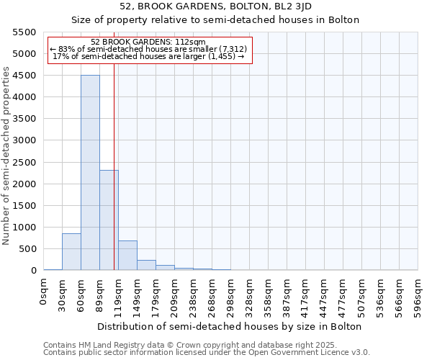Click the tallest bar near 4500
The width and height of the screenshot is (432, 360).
point(90,173)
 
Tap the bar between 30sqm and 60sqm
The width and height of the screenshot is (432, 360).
point(71,252)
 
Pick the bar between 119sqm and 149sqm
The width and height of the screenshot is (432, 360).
point(127,256)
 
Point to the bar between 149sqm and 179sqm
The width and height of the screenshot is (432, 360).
point(146,265)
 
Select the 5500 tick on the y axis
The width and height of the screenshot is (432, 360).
point(24,32)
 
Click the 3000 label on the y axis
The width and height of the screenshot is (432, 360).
point(24,140)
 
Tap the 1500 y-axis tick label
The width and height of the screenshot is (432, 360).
point(24,206)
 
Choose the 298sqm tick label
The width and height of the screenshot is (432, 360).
point(230,295)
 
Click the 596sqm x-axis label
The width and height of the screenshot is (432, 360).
point(418,295)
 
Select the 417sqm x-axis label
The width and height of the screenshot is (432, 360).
point(305,295)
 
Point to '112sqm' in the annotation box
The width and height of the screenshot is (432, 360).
point(191,42)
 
